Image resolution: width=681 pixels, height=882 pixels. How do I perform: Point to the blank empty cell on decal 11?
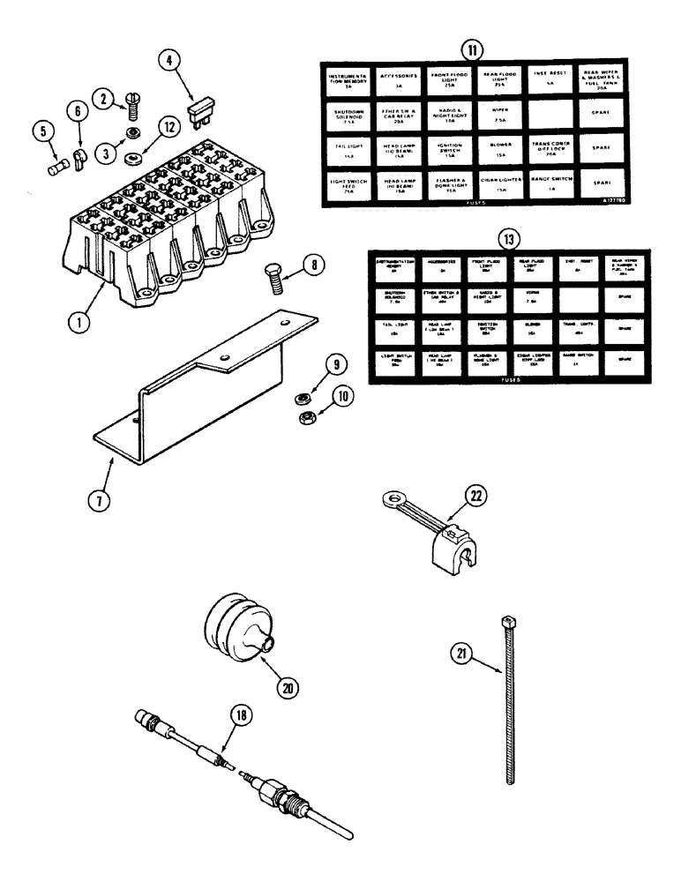[552, 113]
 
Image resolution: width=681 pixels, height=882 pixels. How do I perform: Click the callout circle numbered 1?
[80, 323]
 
